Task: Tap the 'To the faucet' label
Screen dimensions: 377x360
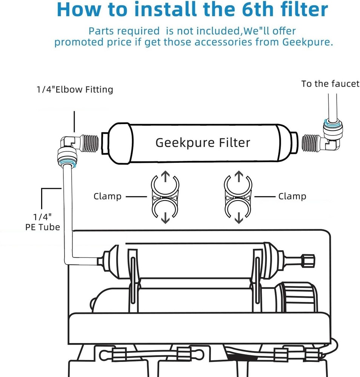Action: (330, 84)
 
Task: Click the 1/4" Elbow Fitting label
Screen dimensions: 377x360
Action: (75, 90)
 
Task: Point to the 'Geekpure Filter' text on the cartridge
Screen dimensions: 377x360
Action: (203, 143)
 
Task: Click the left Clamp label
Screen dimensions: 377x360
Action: (108, 196)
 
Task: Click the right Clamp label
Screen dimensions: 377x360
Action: (292, 196)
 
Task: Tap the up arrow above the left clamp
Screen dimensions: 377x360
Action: (165, 175)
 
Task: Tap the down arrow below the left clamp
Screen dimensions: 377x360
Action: (165, 218)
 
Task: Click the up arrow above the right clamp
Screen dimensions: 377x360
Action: (238, 175)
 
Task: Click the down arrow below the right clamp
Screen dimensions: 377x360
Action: (238, 218)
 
